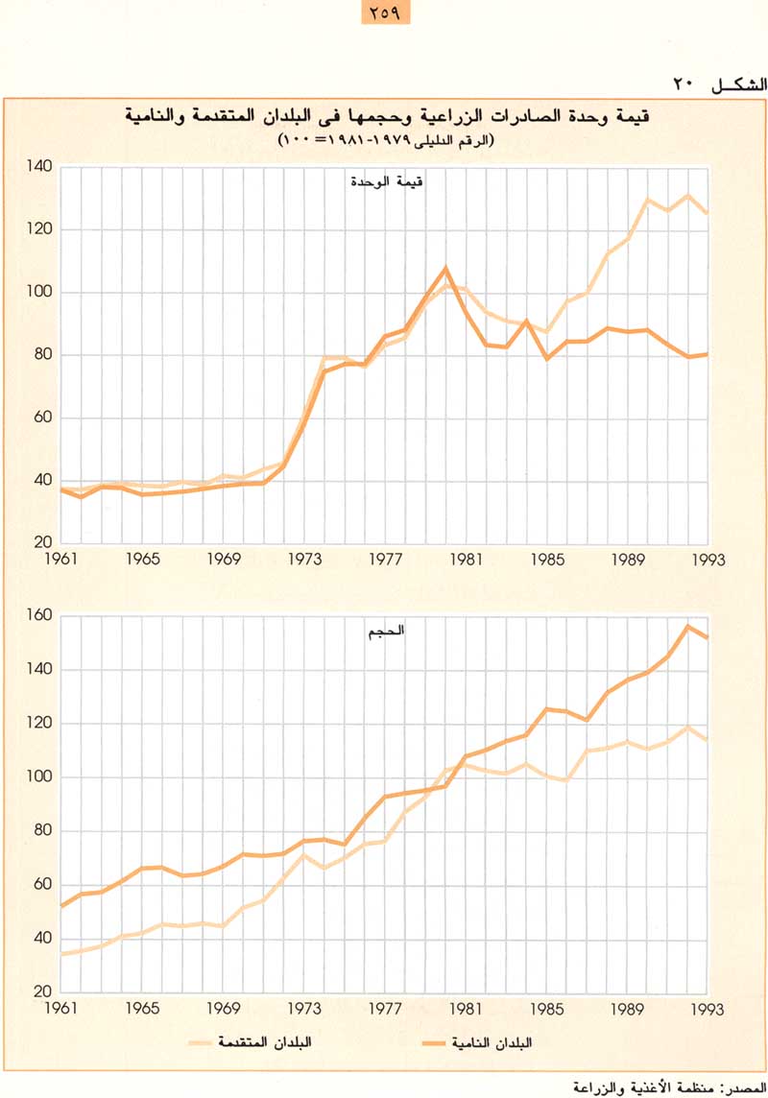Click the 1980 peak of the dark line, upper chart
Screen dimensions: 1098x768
coord(445,268)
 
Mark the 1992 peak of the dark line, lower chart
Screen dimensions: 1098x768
coord(687,626)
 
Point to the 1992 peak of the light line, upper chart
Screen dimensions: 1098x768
coord(687,196)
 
